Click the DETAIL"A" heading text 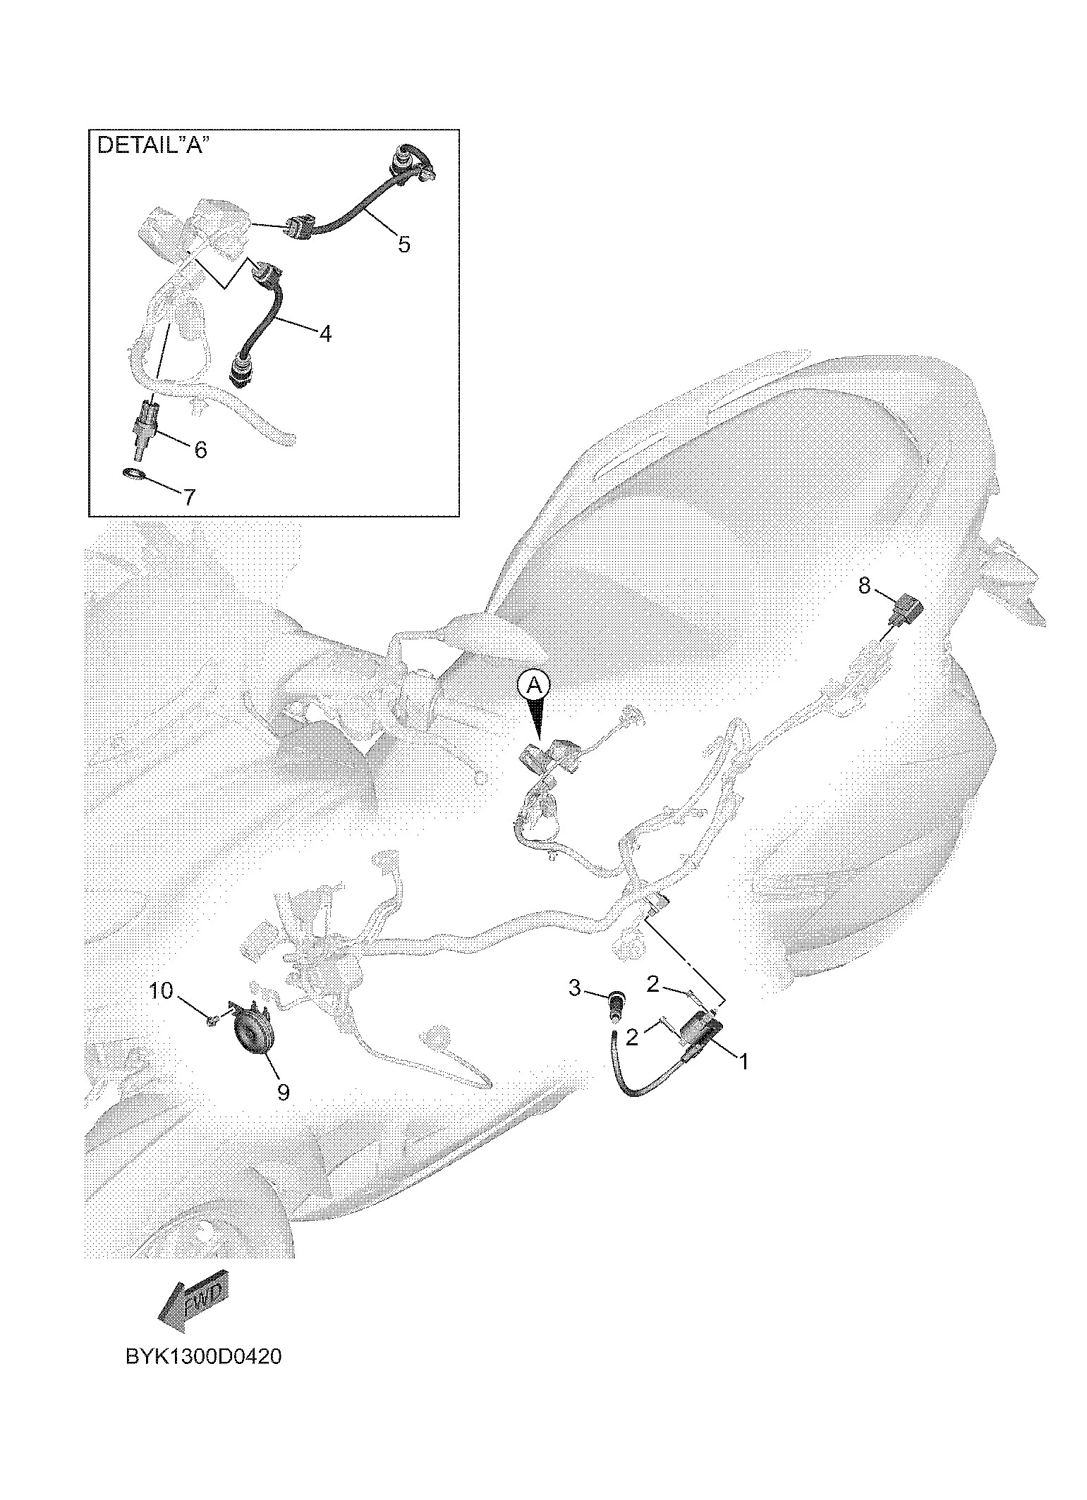click(153, 145)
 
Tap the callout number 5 click(403, 245)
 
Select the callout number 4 click(324, 333)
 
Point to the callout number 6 click(200, 449)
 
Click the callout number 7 click(190, 497)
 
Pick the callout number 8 click(865, 585)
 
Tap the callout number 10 click(161, 990)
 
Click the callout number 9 click(283, 1092)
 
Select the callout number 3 click(575, 988)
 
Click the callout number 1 click(742, 1060)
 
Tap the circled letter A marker click(534, 684)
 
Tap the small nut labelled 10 click(212, 1019)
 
